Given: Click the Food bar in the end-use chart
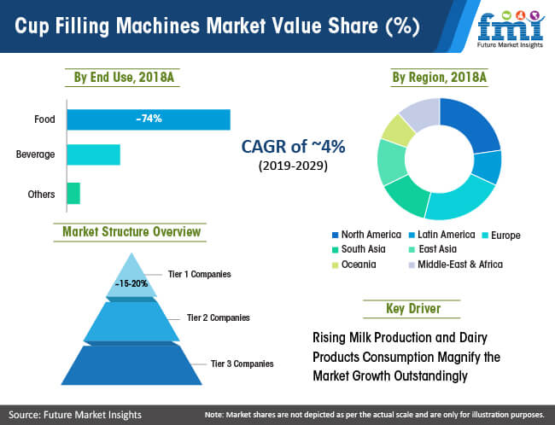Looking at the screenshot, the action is [149, 119].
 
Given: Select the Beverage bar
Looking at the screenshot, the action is [94, 154].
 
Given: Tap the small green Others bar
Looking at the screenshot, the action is [73, 193].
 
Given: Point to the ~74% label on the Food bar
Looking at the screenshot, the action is [149, 119].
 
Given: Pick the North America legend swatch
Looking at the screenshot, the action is [336, 235].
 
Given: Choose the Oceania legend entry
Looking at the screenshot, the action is [354, 265].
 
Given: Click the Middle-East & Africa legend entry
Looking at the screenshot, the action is [456, 265].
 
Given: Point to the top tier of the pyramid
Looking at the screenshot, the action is [131, 278].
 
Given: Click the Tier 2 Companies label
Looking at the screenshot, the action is [219, 317].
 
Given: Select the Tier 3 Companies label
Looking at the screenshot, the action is [242, 364].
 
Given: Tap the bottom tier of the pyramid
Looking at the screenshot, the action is [131, 365].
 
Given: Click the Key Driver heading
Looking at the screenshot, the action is [413, 309].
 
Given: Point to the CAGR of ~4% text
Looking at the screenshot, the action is [293, 146].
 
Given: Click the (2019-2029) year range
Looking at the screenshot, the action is [293, 166].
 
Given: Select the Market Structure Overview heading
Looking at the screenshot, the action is [131, 232].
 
